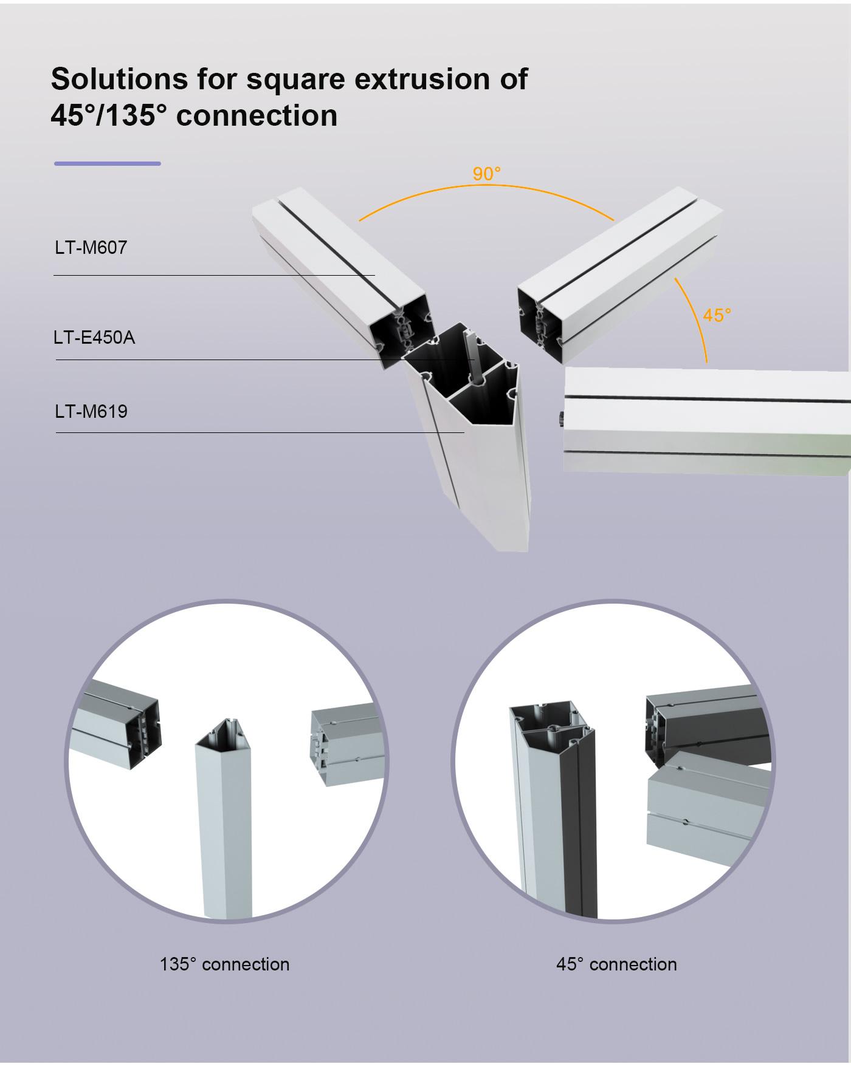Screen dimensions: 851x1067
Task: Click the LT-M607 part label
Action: point(91,248)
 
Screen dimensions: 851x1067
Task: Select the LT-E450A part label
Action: point(94,338)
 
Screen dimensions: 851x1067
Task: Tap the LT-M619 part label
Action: point(91,412)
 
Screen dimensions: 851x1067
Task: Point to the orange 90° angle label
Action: point(487,174)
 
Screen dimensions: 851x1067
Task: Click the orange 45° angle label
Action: point(717,315)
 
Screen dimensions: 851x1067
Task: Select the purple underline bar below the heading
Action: point(108,163)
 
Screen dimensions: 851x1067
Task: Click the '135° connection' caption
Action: point(224,964)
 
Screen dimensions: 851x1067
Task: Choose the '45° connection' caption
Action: point(616,964)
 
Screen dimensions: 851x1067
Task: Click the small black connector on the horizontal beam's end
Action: point(561,418)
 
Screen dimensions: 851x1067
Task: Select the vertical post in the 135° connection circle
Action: point(224,820)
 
